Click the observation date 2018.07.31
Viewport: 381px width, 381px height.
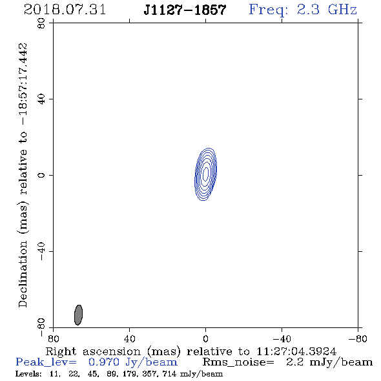click(65, 10)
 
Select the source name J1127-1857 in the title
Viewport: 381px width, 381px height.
click(185, 10)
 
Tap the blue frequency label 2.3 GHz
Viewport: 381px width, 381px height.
click(327, 10)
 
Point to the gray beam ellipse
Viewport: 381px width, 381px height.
click(79, 315)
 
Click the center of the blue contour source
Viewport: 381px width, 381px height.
click(206, 174)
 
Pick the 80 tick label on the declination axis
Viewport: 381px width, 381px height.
click(41, 23)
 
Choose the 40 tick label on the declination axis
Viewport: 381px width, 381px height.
click(41, 99)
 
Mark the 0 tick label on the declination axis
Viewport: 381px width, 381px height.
click(41, 175)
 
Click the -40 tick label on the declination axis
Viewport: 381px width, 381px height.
click(41, 251)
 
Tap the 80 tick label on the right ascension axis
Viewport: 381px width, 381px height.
click(53, 339)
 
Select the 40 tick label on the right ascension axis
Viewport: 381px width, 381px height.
click(130, 339)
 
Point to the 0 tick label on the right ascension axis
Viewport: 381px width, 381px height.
click(205, 339)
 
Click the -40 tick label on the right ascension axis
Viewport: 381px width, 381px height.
click(282, 339)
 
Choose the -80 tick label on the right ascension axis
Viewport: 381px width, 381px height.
click(358, 339)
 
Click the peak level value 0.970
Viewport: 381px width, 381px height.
click(104, 362)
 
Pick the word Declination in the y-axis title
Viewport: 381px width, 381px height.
click(23, 274)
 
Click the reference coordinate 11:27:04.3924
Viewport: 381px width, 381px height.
click(296, 351)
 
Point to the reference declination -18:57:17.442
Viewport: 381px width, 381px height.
click(23, 84)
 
